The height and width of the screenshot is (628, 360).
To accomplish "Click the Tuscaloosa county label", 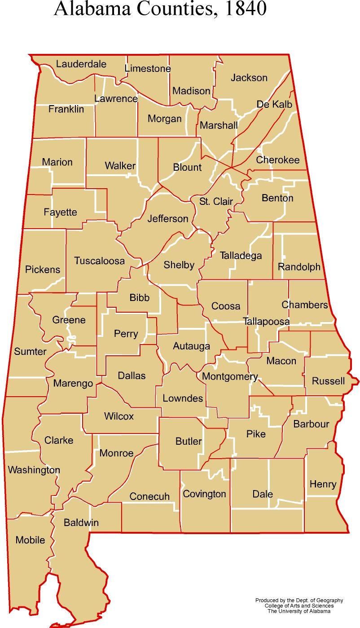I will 99,261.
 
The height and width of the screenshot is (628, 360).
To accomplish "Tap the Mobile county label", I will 30,540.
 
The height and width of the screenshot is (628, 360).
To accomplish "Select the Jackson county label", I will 249,78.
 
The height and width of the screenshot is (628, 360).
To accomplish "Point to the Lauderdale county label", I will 81,64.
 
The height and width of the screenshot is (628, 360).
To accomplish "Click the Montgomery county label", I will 230,376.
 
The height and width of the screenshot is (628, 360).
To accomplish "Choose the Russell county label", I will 328,381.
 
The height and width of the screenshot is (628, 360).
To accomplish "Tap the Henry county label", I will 323,484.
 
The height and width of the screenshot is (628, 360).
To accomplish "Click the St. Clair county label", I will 216,201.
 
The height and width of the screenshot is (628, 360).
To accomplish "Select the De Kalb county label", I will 274,104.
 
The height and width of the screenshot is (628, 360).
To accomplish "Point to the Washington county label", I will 34,470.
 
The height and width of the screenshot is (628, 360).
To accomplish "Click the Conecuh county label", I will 149,496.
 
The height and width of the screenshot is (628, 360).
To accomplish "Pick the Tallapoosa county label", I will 266,322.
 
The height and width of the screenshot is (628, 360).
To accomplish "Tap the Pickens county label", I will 43,270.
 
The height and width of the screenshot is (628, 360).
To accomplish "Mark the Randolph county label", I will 299,267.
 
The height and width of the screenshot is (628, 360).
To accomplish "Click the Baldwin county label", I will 81,522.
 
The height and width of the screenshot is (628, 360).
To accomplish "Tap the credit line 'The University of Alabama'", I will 299,611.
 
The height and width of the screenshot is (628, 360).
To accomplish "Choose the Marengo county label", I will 73,383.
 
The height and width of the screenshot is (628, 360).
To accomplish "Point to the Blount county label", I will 187,167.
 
